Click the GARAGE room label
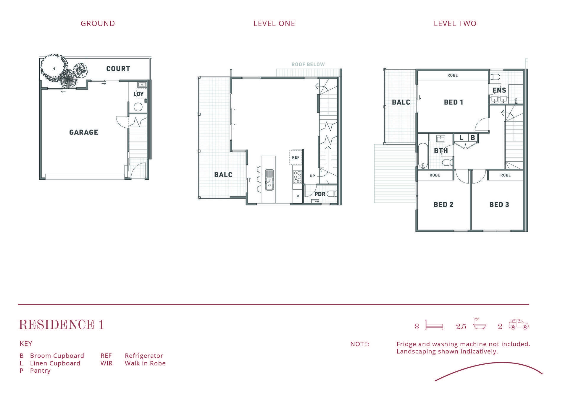click(x=83, y=132)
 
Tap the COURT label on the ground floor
click(x=118, y=69)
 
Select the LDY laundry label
click(x=138, y=94)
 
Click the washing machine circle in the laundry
click(x=138, y=107)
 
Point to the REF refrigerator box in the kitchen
click(x=296, y=157)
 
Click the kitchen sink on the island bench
click(x=270, y=180)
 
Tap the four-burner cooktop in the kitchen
click(x=298, y=177)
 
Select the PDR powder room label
click(x=320, y=194)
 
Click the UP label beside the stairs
click(x=312, y=176)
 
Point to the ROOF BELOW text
click(x=308, y=64)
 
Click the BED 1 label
click(x=454, y=102)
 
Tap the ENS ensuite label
click(x=499, y=90)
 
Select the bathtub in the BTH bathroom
click(x=423, y=156)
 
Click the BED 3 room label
click(x=499, y=204)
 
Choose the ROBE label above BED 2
click(x=435, y=175)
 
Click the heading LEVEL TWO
click(x=455, y=24)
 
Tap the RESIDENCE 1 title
click(x=61, y=325)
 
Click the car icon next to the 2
click(x=519, y=324)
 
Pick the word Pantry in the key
click(x=40, y=371)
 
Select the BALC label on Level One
click(x=223, y=175)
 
